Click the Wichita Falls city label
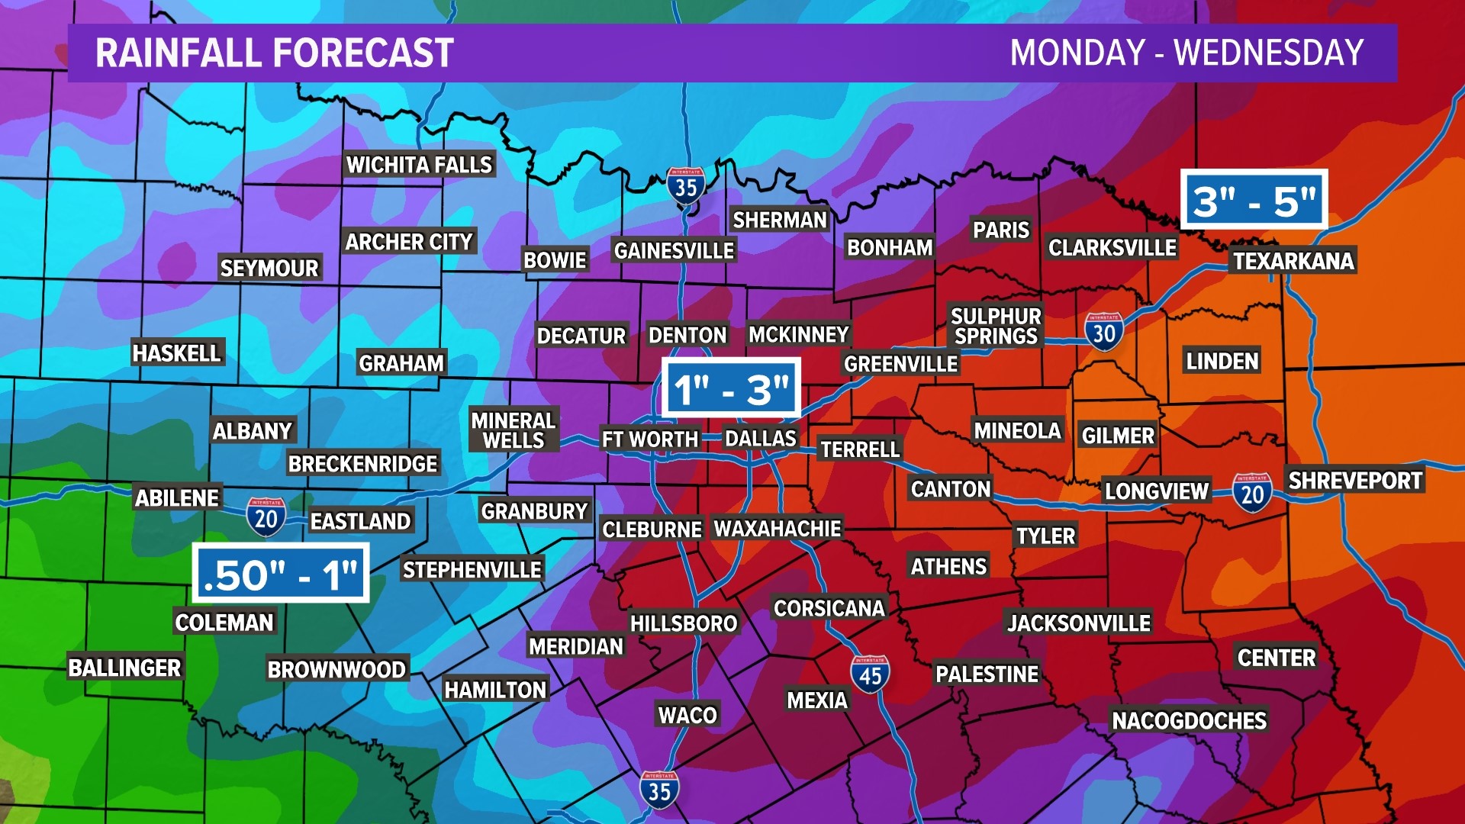[419, 165]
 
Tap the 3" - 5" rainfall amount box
[1254, 201]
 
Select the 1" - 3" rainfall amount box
[731, 388]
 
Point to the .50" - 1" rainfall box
[281, 574]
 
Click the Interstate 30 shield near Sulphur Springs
[1104, 332]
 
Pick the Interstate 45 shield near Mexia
[870, 674]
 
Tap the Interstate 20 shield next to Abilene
[266, 517]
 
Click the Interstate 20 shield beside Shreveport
[1252, 493]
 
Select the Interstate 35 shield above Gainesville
[685, 185]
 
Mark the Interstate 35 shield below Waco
[659, 790]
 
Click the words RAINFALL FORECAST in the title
[275, 53]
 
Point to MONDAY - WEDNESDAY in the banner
[1186, 53]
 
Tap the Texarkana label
[1293, 261]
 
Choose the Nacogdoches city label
[1189, 720]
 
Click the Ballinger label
[124, 668]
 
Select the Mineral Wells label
[514, 430]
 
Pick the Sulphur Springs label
[996, 326]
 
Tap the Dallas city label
[761, 438]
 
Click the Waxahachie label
[778, 528]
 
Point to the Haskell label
[176, 352]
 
